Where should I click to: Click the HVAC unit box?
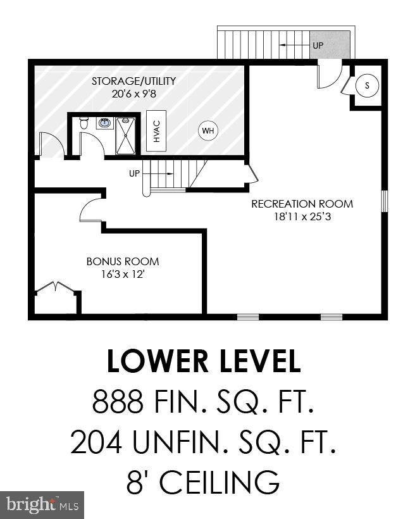156,130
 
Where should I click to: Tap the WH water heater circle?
207,132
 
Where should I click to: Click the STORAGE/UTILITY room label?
133,81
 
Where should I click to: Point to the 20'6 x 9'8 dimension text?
133,93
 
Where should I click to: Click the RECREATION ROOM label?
302,204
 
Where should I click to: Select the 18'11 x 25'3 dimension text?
302,216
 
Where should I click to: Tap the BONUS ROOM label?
123,261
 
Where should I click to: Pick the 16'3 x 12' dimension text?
123,273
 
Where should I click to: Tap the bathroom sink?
105,123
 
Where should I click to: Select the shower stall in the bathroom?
125,135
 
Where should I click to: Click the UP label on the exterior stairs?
318,46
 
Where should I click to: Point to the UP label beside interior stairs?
134,173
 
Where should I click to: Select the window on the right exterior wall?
384,201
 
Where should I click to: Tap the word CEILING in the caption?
219,482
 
